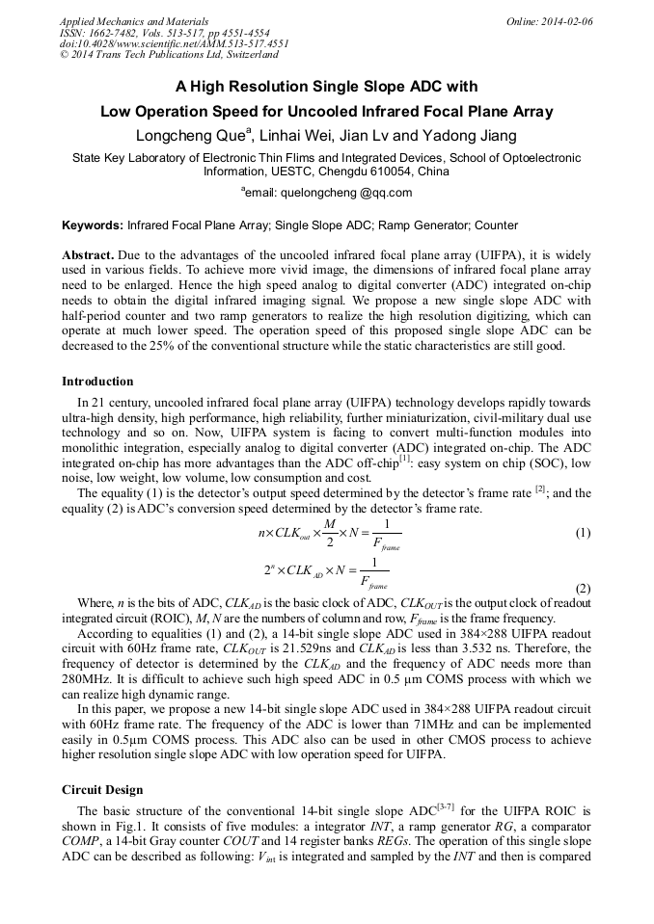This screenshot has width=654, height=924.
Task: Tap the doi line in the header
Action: pos(174,44)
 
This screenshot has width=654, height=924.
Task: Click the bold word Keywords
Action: pos(93,225)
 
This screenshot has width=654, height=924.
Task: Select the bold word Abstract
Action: pos(88,254)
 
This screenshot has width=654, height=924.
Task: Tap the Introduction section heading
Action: pos(97,381)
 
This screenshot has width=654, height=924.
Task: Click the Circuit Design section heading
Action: pos(102,789)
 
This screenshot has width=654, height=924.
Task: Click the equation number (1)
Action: pos(582,533)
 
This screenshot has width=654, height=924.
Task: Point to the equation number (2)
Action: pos(582,588)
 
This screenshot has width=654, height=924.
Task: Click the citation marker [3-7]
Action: pos(440,806)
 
